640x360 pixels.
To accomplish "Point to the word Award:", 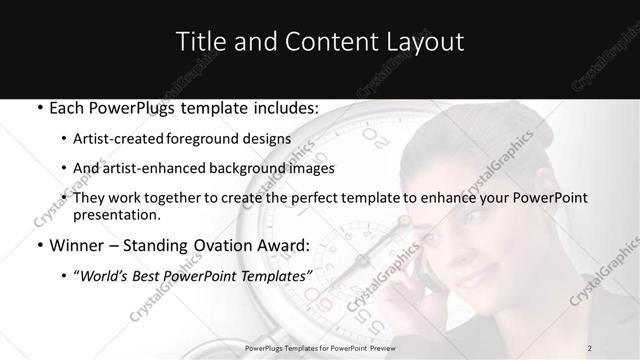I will tap(286, 246).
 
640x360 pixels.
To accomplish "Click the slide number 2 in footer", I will tap(591, 347).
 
